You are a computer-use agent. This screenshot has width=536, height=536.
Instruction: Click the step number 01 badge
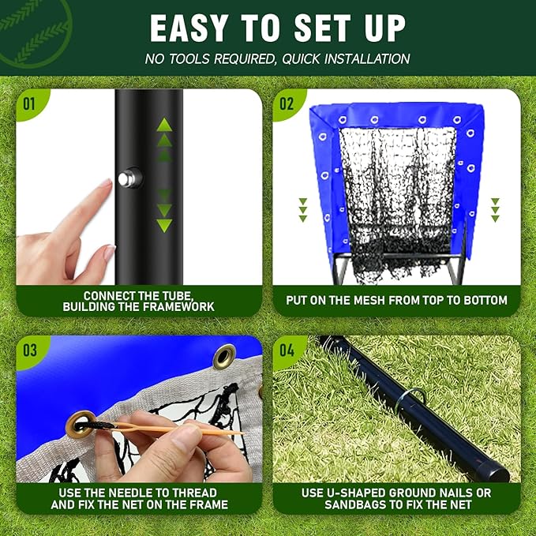[29, 103]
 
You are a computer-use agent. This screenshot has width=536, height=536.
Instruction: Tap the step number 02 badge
[287, 103]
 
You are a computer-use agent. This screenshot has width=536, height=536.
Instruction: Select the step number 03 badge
[30, 349]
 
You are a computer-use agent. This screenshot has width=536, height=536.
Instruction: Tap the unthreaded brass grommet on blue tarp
[224, 357]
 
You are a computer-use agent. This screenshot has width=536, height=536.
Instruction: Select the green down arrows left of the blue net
[302, 210]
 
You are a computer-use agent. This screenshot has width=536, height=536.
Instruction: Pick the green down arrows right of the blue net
[495, 209]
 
